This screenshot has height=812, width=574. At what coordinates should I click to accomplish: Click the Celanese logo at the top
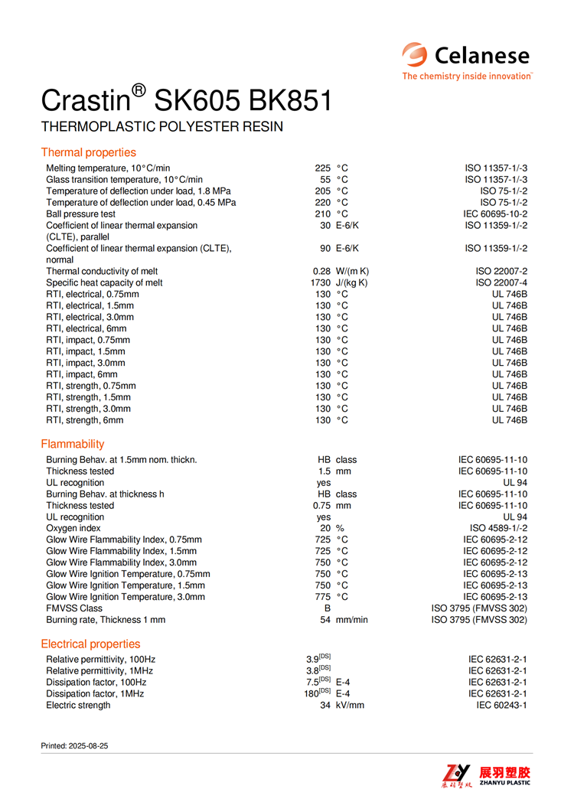pyautogui.click(x=467, y=60)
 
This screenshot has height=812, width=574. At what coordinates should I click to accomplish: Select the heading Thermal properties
pyautogui.click(x=88, y=152)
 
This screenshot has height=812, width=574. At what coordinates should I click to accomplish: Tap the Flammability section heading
pyautogui.click(x=73, y=444)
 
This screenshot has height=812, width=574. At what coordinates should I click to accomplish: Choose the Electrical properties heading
pyautogui.click(x=90, y=644)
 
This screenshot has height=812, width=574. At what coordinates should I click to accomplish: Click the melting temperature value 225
pyautogui.click(x=322, y=168)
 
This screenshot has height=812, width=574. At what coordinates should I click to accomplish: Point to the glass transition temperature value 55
pyautogui.click(x=325, y=179)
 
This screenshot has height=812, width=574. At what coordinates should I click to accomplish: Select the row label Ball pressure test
pyautogui.click(x=81, y=214)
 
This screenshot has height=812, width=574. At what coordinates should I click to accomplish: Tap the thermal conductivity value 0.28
pyautogui.click(x=321, y=271)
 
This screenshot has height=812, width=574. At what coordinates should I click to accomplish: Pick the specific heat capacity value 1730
pyautogui.click(x=320, y=282)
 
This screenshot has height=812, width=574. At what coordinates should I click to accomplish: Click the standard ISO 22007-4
pyautogui.click(x=501, y=282)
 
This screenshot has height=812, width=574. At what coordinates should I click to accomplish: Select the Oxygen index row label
pyautogui.click(x=73, y=528)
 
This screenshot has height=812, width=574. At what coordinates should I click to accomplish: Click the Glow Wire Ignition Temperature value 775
pyautogui.click(x=322, y=597)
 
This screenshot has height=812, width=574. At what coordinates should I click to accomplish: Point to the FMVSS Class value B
pyautogui.click(x=327, y=608)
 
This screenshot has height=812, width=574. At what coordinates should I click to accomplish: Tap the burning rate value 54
pyautogui.click(x=325, y=620)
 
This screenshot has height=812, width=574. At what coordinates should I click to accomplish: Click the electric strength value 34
pyautogui.click(x=325, y=705)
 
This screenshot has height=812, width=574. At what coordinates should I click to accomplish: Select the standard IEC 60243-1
pyautogui.click(x=501, y=705)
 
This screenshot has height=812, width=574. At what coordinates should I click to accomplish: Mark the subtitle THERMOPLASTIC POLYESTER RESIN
pyautogui.click(x=162, y=127)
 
